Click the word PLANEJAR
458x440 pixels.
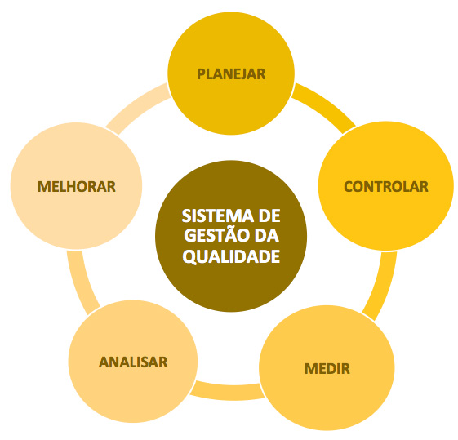(x=231, y=74)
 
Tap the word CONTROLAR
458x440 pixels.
(x=386, y=187)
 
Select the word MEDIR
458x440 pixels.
(x=327, y=369)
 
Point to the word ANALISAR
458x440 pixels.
(x=133, y=362)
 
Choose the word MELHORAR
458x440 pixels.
(x=77, y=187)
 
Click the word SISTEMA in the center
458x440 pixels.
(x=218, y=216)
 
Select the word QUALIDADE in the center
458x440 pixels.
(x=231, y=257)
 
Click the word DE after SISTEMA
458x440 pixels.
(x=269, y=216)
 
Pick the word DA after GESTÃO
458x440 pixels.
(x=267, y=236)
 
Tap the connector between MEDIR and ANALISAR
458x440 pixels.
(x=228, y=392)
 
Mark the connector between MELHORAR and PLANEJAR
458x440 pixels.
(x=137, y=107)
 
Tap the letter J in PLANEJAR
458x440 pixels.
(x=242, y=74)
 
